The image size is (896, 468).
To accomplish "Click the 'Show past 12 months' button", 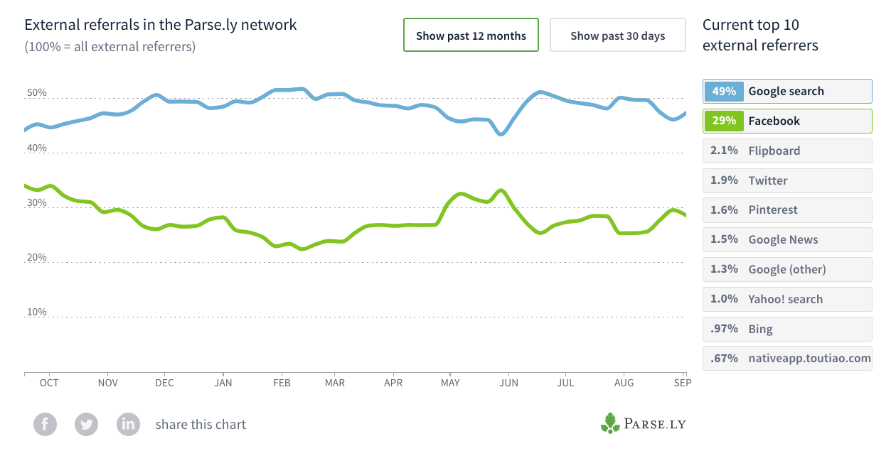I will tap(471, 36).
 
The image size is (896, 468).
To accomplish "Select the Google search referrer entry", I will tap(786, 91).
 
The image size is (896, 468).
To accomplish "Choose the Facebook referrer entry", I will tap(786, 121).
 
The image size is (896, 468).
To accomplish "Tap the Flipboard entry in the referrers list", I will tap(786, 151).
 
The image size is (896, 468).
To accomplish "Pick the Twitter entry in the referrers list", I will tap(786, 180).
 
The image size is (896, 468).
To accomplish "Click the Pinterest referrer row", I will tap(786, 210).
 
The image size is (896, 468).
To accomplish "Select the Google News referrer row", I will tap(786, 240).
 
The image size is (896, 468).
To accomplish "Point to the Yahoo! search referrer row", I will tap(786, 299).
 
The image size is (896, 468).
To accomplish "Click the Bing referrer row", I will tap(786, 329).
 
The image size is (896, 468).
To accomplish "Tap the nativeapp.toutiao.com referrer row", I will tap(786, 359).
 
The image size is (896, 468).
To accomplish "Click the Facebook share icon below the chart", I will tap(45, 425).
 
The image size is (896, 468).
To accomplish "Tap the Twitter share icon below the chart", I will tap(86, 425).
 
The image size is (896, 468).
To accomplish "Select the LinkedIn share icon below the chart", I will tap(128, 425).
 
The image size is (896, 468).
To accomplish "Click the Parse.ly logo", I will tap(643, 424).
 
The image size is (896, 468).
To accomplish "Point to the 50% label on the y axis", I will tap(37, 94).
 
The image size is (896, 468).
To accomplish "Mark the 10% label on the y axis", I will tap(37, 312).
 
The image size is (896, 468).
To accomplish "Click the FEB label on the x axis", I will tap(282, 383).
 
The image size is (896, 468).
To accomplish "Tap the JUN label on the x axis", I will tap(510, 383).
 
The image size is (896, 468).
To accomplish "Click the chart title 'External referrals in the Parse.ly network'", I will tap(161, 25).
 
